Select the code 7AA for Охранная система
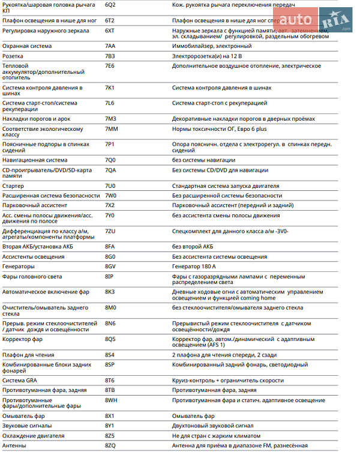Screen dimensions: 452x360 click(110, 46)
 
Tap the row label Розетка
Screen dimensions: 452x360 click(13, 56)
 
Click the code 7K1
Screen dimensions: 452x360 click(110, 88)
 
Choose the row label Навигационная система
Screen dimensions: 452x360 click(35, 160)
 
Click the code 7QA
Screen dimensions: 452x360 click(110, 170)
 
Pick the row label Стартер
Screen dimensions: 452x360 click(14, 186)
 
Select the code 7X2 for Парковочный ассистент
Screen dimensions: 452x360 click(110, 205)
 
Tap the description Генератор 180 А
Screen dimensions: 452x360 click(194, 266)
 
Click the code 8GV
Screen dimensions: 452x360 click(111, 266)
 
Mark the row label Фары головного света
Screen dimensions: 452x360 click(32, 276)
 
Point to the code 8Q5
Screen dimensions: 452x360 click(110, 339)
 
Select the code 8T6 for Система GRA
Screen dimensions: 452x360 click(110, 380)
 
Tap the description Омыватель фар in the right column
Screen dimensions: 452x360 click(193, 416)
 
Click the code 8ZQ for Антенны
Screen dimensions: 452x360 click(110, 445)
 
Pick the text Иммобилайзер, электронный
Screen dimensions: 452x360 click(212, 46)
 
